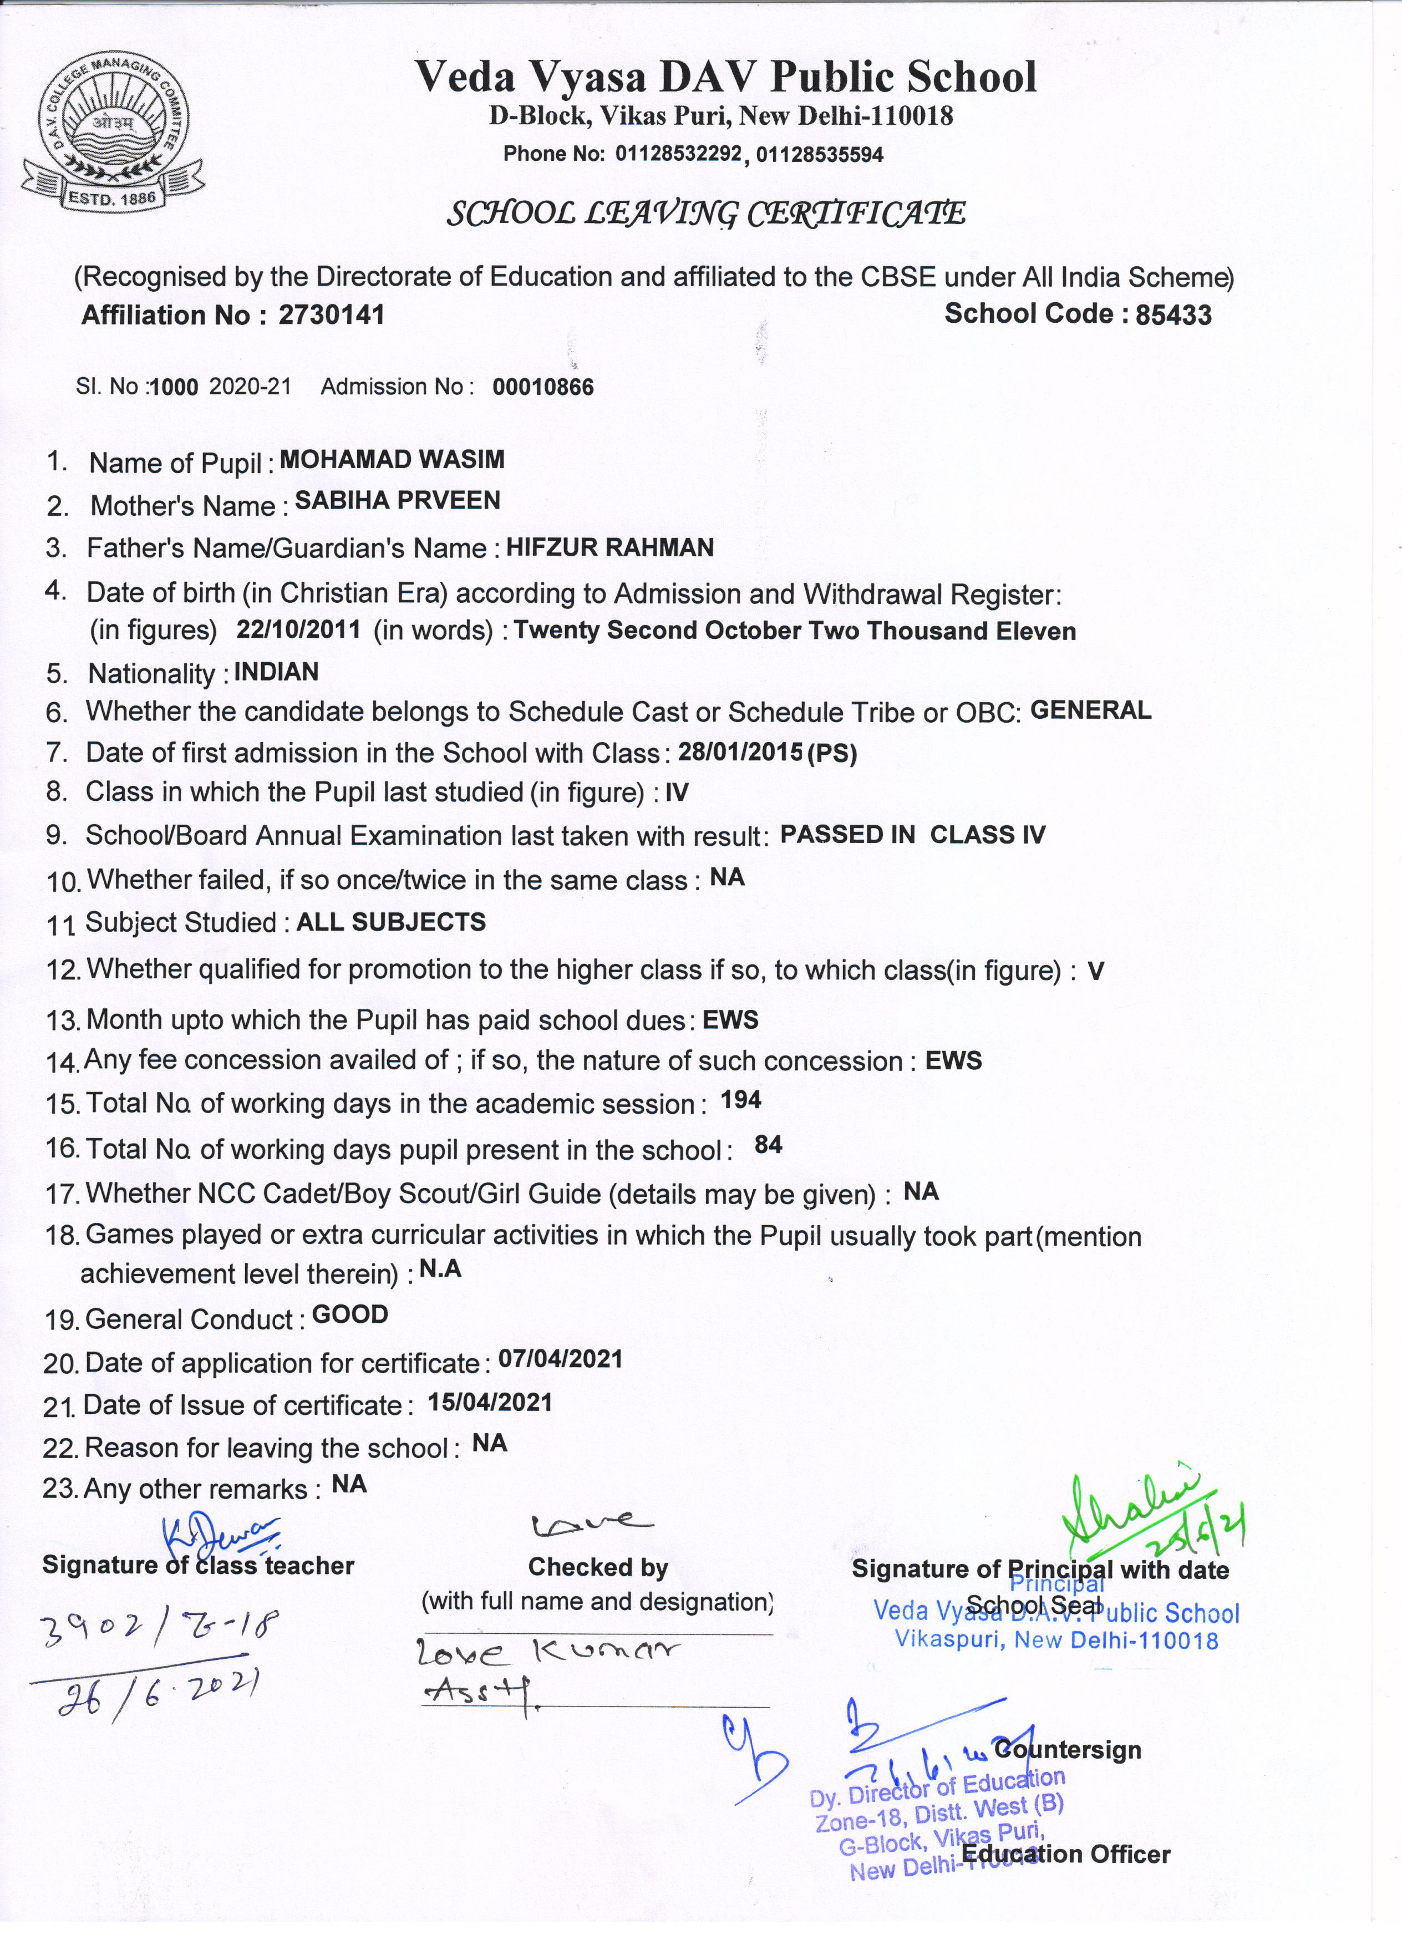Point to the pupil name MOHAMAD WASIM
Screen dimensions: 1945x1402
coord(392,460)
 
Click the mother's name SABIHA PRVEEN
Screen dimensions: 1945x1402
coord(397,501)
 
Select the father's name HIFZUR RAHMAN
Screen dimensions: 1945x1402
coord(609,547)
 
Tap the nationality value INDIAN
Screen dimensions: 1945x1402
coord(276,672)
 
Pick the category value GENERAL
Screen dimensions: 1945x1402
coord(1090,710)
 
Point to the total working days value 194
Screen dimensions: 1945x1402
coord(741,1099)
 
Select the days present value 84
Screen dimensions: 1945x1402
coord(768,1145)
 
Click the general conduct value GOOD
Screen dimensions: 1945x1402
coord(350,1314)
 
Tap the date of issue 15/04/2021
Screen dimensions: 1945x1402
coord(490,1402)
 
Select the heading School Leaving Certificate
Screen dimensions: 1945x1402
coord(706,212)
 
